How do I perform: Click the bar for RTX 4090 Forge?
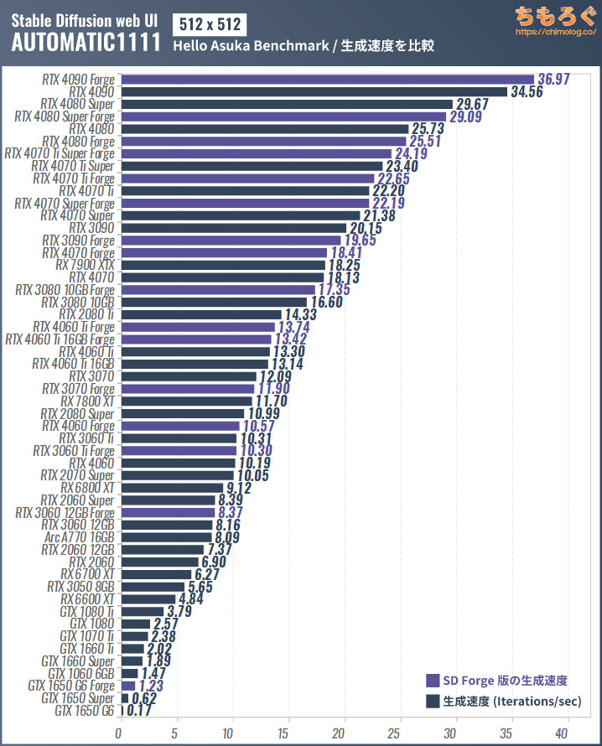[x=327, y=80]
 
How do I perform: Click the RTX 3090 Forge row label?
[x=78, y=241]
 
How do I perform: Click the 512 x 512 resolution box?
[x=205, y=23]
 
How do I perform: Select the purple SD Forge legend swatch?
[x=433, y=681]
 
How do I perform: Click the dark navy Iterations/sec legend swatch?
[x=433, y=701]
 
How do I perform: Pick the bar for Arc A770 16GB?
[x=166, y=537]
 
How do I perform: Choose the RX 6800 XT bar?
[x=171, y=488]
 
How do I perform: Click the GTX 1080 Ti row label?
[x=85, y=611]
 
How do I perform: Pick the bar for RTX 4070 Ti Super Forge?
[x=256, y=153]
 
